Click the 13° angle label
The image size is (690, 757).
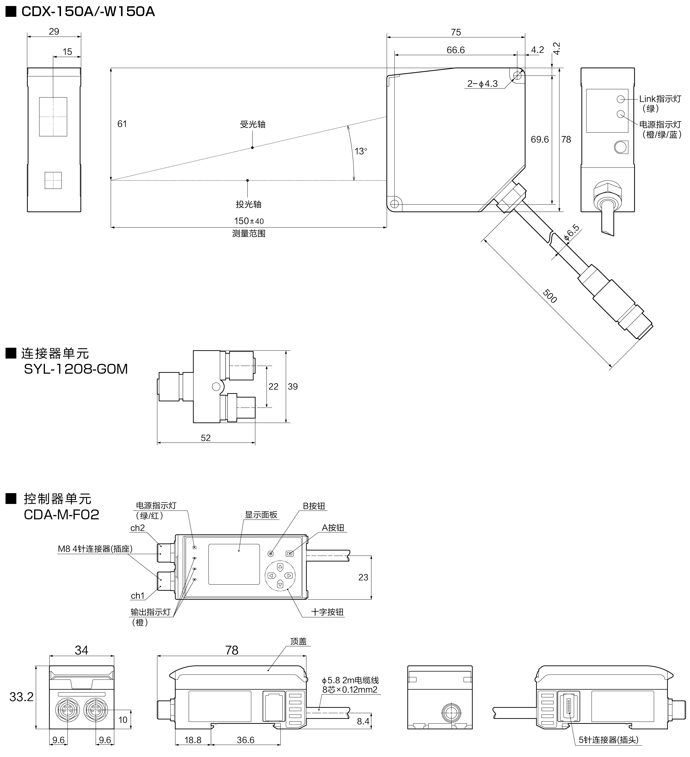(360, 151)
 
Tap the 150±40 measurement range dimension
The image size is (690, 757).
(248, 221)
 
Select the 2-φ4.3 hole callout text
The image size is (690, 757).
(482, 84)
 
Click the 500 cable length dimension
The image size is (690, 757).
(550, 296)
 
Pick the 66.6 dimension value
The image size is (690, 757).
(455, 50)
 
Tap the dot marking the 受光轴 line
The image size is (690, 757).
(252, 148)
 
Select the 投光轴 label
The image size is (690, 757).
(248, 204)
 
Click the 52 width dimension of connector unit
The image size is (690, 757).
(205, 438)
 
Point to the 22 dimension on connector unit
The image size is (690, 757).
(273, 386)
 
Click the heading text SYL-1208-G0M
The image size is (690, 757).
(76, 369)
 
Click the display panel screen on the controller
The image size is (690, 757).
(234, 564)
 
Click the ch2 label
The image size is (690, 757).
(137, 528)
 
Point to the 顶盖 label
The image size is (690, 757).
(298, 641)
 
